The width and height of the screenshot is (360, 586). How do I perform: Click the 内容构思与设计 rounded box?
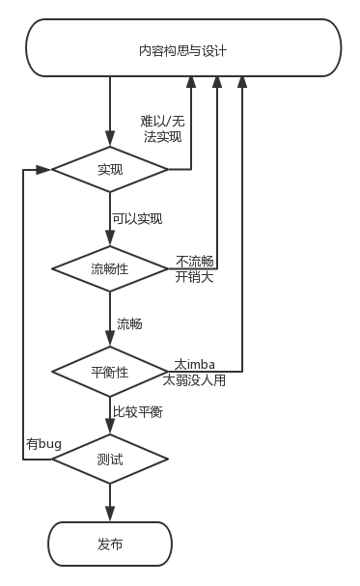[x=182, y=49]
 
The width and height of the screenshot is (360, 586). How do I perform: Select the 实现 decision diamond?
[x=110, y=170]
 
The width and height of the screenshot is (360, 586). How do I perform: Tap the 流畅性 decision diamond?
[x=110, y=268]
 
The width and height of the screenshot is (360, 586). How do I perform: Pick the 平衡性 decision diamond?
[x=110, y=372]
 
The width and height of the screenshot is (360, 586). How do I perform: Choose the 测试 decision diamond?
[x=110, y=460]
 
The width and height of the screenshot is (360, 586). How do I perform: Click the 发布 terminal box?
[x=110, y=544]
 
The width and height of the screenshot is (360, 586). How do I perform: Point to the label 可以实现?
[x=137, y=219]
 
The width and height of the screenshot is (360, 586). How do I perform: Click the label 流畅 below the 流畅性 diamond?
[x=129, y=323]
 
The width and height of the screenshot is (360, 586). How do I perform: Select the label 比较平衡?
[x=137, y=412]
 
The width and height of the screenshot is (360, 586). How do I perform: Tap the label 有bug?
[x=43, y=443]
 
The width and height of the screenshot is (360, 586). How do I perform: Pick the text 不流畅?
[x=194, y=261]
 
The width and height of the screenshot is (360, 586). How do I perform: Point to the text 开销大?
[x=194, y=277]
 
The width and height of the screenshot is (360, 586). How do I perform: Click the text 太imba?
[x=194, y=364]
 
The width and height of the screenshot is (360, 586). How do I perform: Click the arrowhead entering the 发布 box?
[x=110, y=515]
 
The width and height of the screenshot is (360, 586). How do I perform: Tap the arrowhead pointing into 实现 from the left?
[x=43, y=170]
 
